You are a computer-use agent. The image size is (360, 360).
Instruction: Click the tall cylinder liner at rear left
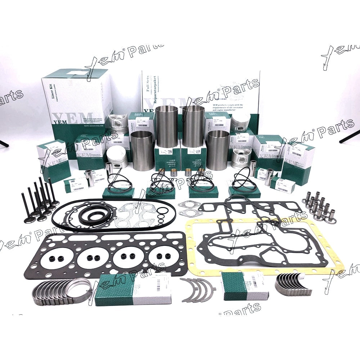[x=166, y=126]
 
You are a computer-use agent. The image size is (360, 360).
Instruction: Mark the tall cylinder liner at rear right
[x=193, y=126]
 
